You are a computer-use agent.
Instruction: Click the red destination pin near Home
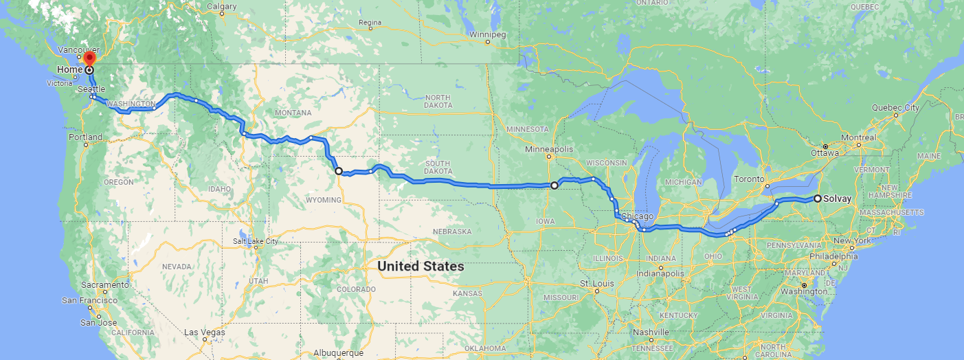[89, 59]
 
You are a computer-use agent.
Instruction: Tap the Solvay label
[838, 199]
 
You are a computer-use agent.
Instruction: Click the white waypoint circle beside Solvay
[818, 199]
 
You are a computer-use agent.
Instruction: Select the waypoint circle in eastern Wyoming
[339, 171]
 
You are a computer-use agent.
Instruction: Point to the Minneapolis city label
[548, 149]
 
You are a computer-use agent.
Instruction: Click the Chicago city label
[637, 217]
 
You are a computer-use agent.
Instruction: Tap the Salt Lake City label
[255, 241]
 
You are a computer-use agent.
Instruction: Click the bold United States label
[421, 266]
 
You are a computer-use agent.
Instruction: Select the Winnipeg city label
[488, 34]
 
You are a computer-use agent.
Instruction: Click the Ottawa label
[825, 153]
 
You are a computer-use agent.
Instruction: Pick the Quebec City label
[895, 108]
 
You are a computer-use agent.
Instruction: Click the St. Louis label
[594, 283]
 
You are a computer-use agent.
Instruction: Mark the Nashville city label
[651, 333]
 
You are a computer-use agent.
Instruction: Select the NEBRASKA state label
[451, 232]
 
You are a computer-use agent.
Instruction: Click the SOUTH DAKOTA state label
[437, 168]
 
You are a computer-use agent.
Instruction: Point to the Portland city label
[85, 137]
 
